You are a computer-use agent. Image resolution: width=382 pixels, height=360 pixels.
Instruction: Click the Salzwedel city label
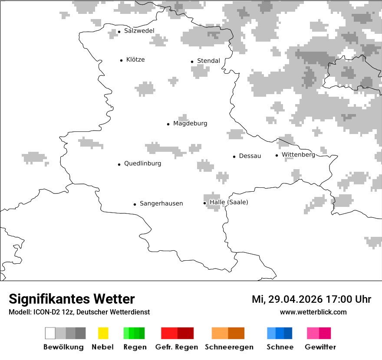click(x=139, y=31)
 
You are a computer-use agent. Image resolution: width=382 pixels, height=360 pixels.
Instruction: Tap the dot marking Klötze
click(x=121, y=60)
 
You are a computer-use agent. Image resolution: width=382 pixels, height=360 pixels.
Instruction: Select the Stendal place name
click(x=208, y=61)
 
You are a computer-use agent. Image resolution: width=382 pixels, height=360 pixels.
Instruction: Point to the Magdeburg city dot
click(x=168, y=124)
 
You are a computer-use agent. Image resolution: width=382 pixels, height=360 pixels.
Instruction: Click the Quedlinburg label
click(x=142, y=164)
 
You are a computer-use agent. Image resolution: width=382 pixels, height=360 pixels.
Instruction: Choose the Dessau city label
click(x=250, y=156)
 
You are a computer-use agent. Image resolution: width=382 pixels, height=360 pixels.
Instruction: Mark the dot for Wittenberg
click(x=277, y=155)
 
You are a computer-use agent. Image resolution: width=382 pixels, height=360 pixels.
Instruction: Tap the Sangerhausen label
click(x=161, y=203)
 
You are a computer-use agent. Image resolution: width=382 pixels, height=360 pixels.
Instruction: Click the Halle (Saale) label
click(x=229, y=203)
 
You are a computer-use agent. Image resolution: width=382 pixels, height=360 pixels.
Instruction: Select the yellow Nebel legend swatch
click(x=103, y=333)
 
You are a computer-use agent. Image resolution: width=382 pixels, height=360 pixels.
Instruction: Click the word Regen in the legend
click(x=135, y=347)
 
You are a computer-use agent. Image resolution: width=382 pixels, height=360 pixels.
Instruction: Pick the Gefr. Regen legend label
click(x=176, y=347)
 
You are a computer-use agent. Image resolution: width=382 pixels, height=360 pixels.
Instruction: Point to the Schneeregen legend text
click(x=229, y=347)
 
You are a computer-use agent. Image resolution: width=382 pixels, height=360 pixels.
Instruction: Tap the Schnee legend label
click(x=280, y=347)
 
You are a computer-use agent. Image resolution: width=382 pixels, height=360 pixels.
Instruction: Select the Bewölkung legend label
click(x=63, y=347)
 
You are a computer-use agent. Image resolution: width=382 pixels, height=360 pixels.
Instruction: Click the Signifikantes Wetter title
click(x=72, y=299)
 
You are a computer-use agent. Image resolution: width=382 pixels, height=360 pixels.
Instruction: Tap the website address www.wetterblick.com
click(x=313, y=312)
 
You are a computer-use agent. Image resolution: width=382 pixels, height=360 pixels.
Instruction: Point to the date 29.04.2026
click(x=293, y=299)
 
